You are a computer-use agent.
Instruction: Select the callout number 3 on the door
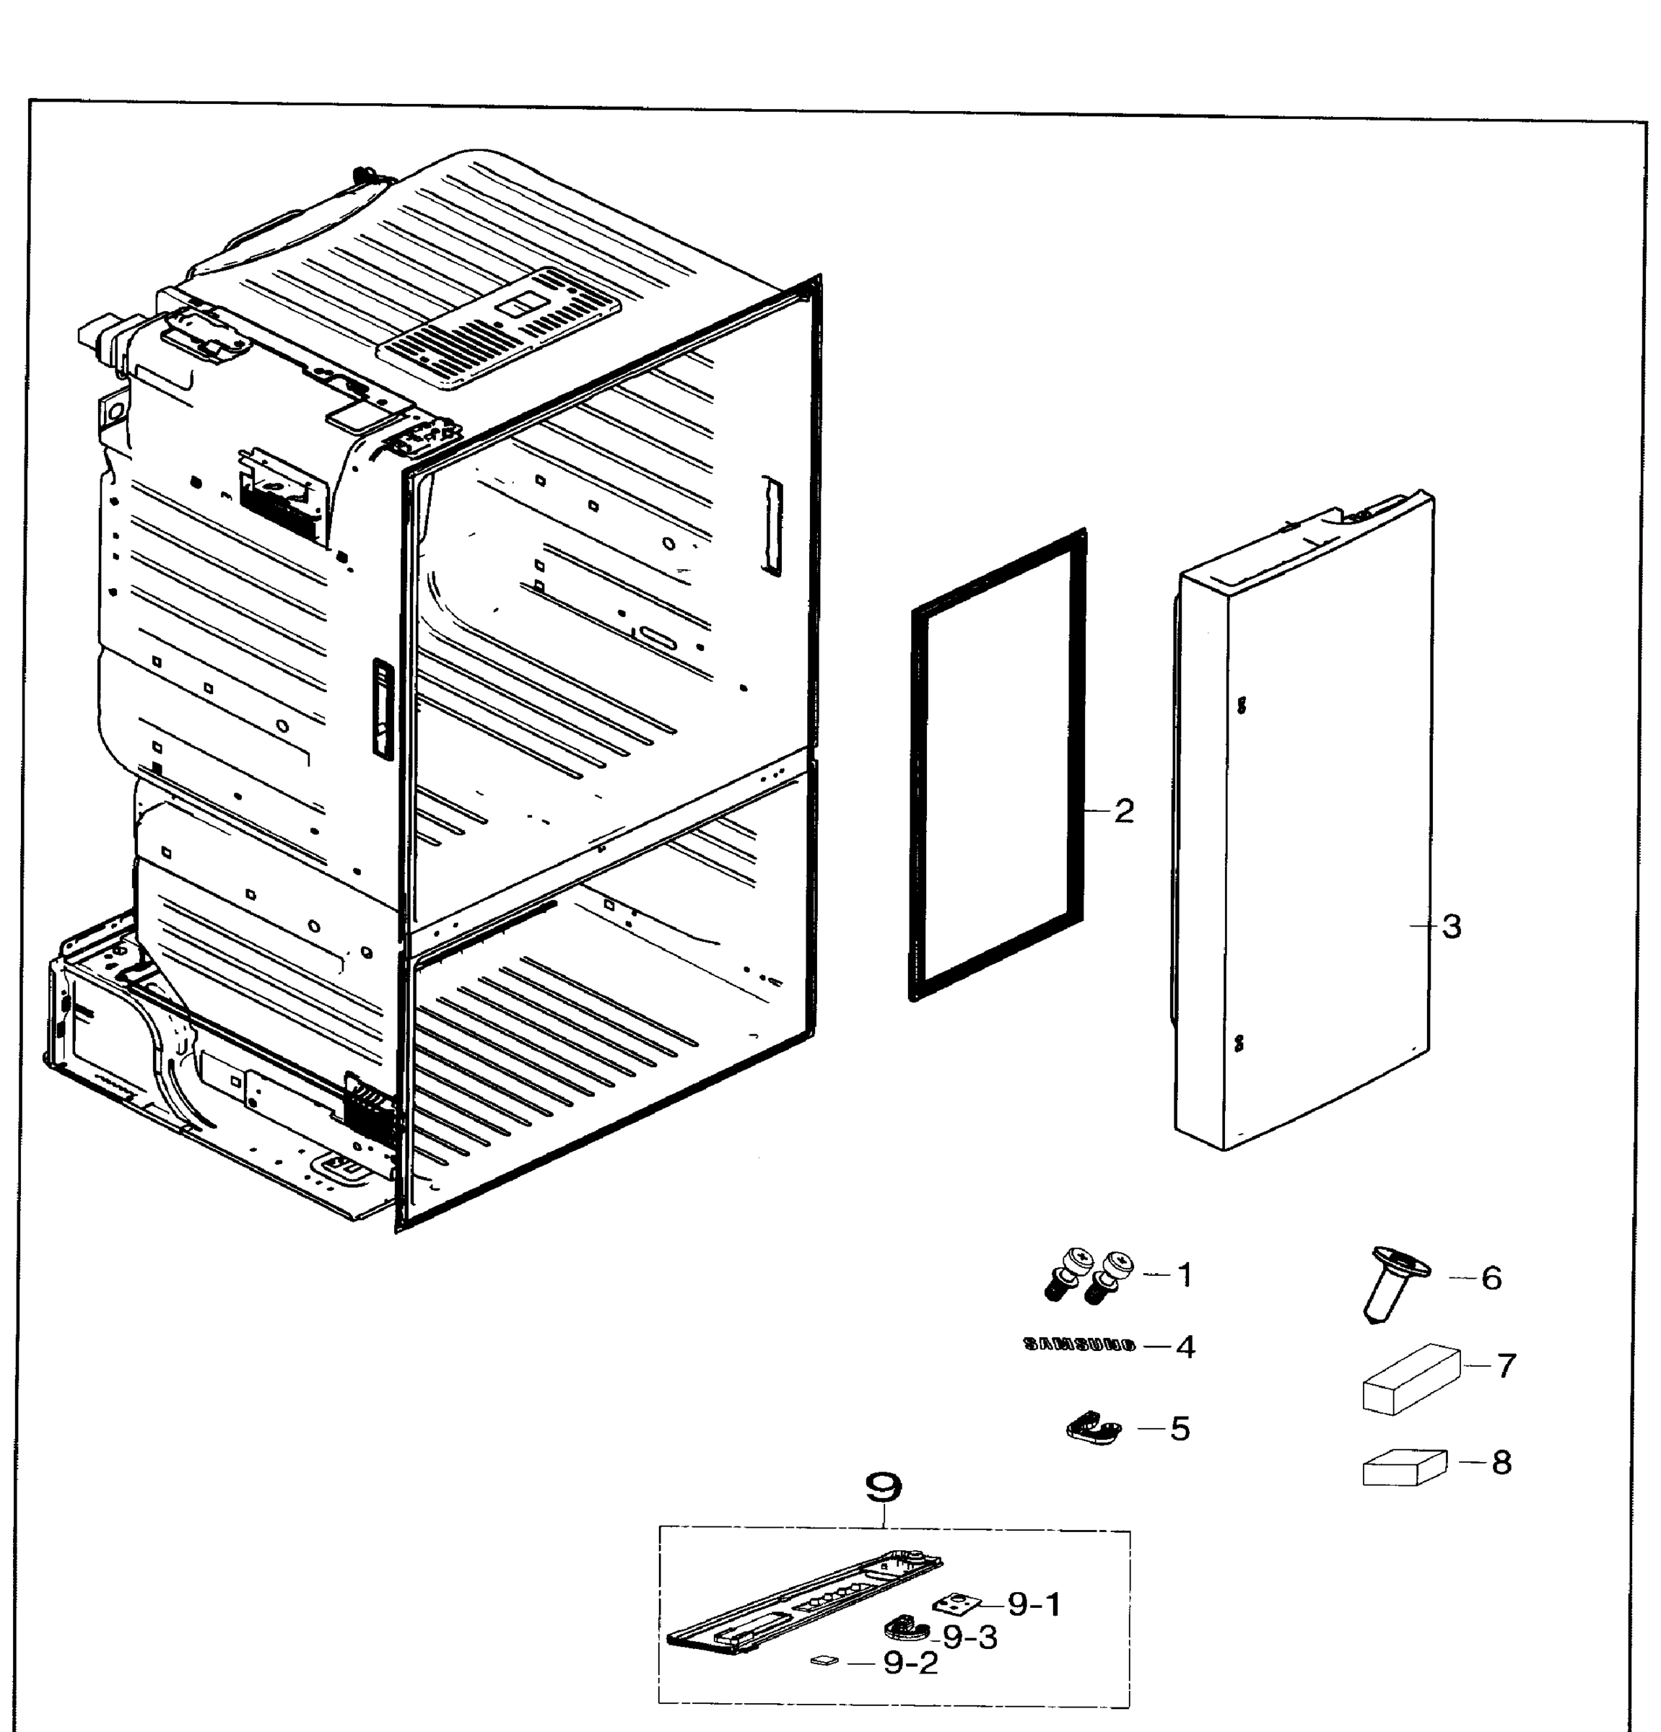click(x=1452, y=926)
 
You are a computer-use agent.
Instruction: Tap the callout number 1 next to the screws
click(x=1185, y=1275)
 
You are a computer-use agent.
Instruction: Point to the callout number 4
click(x=1185, y=1347)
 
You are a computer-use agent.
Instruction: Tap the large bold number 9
click(x=883, y=1487)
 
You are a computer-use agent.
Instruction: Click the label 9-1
click(x=1034, y=1604)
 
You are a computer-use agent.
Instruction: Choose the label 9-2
click(x=910, y=1663)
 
